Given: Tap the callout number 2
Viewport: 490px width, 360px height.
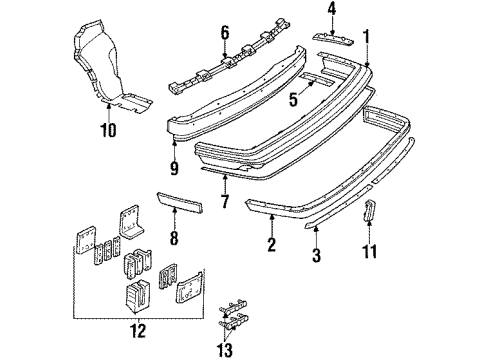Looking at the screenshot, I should point(272,242).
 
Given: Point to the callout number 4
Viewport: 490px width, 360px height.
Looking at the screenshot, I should point(333,13).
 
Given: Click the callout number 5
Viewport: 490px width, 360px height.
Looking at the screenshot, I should point(292,99).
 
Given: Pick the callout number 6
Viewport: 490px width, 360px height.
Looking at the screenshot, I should point(225,32).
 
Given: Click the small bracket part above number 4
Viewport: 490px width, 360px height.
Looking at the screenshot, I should point(336,37).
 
